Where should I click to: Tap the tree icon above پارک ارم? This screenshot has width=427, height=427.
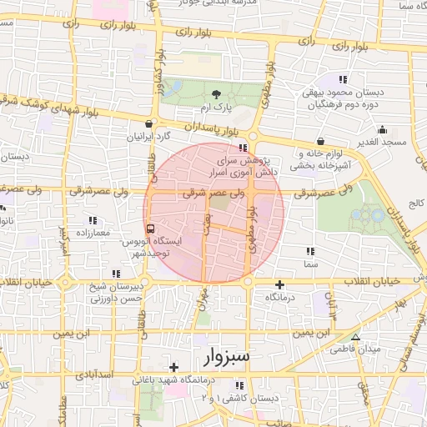pos(218,93)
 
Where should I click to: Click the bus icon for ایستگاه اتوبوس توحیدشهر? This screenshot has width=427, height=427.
pos(150,228)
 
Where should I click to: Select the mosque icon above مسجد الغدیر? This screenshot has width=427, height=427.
pos(383,129)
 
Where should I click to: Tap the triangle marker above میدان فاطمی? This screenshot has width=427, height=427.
pos(356,337)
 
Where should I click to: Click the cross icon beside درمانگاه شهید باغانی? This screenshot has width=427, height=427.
pos(173,367)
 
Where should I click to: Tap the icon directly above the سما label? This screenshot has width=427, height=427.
pos(309,250)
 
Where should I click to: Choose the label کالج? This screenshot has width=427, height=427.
pos(415,203)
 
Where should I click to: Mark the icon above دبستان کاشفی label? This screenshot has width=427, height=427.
pos(240,385)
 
